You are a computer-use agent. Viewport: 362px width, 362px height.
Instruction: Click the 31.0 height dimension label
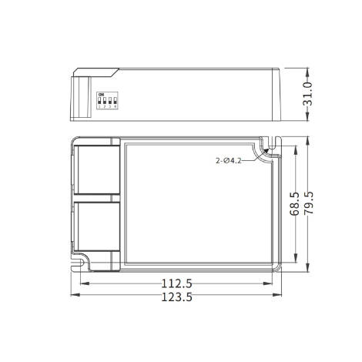click(307, 94)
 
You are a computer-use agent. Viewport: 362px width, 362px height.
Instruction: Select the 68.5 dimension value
click(294, 205)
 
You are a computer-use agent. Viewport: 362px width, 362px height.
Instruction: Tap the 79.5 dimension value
click(308, 205)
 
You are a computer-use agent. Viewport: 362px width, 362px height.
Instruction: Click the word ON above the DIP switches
click(99, 94)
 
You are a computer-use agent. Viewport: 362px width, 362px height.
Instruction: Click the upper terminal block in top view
click(96, 169)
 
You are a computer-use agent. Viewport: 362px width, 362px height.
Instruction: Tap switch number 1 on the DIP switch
click(99, 101)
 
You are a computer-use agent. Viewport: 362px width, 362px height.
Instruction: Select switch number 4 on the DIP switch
click(114, 101)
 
